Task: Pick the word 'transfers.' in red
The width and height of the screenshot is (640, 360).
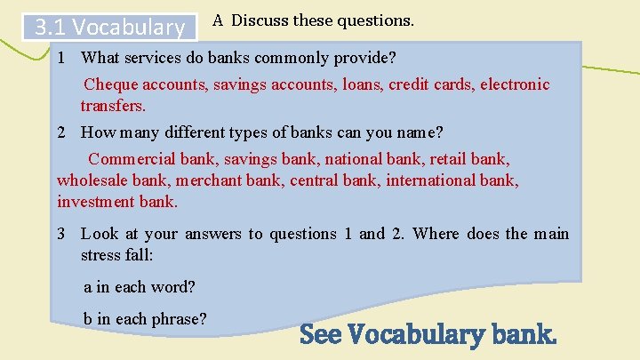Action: pyautogui.click(x=113, y=106)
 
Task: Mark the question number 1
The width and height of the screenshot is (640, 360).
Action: pyautogui.click(x=60, y=58)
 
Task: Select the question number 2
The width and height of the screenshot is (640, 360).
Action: pyautogui.click(x=60, y=132)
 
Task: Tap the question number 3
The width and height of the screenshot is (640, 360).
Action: pyautogui.click(x=60, y=234)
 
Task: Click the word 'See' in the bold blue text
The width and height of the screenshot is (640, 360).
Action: pyautogui.click(x=322, y=335)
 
